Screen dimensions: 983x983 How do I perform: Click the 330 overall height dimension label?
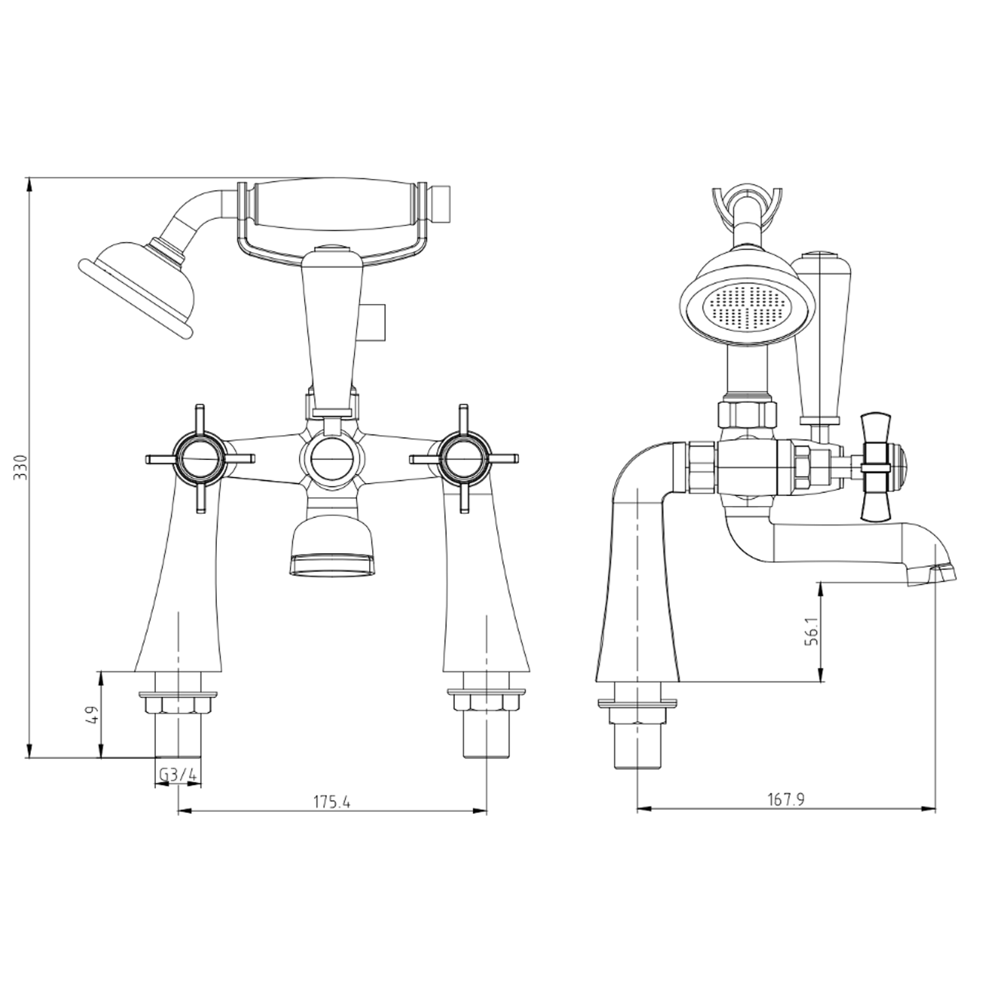[22, 467]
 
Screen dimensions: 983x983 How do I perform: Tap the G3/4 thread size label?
[178, 775]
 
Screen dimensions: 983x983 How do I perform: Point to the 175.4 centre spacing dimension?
[332, 801]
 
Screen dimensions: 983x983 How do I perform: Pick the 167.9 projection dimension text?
[786, 800]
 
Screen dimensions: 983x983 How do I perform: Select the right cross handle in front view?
[464, 457]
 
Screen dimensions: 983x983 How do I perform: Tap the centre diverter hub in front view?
[332, 457]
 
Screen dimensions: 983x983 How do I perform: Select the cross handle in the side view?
[878, 467]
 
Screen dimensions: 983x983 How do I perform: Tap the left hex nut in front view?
[178, 705]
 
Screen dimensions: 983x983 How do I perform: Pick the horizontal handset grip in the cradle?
[334, 204]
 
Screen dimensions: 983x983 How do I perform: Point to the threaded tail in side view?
[636, 754]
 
